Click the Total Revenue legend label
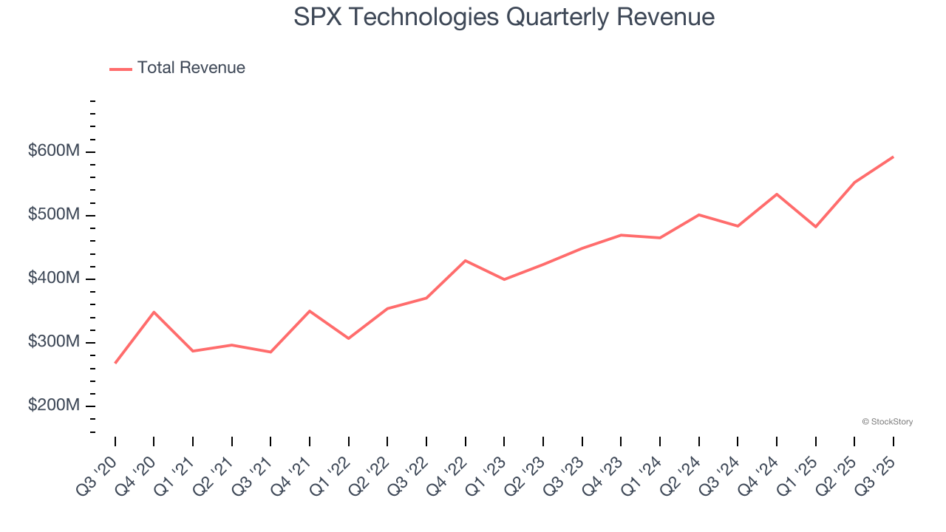tap(191, 68)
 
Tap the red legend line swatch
tap(120, 69)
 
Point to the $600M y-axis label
tap(54, 151)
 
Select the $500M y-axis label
tap(54, 215)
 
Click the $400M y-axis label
tap(54, 279)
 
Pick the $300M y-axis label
tap(54, 342)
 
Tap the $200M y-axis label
tap(54, 406)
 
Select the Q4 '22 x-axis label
tap(449, 474)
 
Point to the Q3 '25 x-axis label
tap(877, 474)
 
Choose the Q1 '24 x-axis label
tap(644, 474)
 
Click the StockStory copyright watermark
tap(887, 422)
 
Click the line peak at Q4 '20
tap(154, 312)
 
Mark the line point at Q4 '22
tap(465, 260)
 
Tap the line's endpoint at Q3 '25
tap(893, 157)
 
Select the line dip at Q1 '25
tap(815, 227)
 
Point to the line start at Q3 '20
tap(115, 363)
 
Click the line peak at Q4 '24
tap(776, 194)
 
